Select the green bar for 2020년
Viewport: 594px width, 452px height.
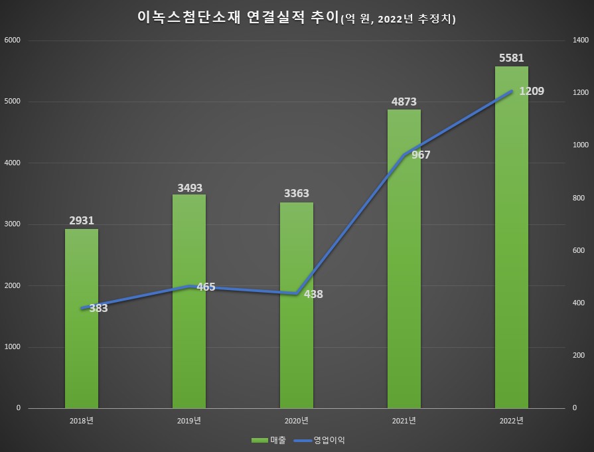(296, 352)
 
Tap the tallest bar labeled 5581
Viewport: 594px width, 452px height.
(511, 265)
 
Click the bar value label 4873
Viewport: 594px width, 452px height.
(404, 102)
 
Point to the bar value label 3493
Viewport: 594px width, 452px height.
(188, 188)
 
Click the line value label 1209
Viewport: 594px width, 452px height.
(532, 91)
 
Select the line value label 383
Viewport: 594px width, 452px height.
(98, 308)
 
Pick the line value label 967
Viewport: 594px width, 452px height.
(421, 155)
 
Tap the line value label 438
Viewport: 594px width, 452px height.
(313, 294)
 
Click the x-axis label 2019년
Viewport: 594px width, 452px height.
(188, 421)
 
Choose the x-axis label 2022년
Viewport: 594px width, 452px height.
(511, 421)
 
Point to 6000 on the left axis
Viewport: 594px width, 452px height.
(13, 40)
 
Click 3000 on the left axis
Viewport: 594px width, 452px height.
(13, 224)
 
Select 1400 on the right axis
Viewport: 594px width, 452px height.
(580, 40)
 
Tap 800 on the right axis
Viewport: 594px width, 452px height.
(578, 198)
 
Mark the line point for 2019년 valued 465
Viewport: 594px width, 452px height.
(189, 286)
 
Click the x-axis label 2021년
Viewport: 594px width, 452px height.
(404, 421)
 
